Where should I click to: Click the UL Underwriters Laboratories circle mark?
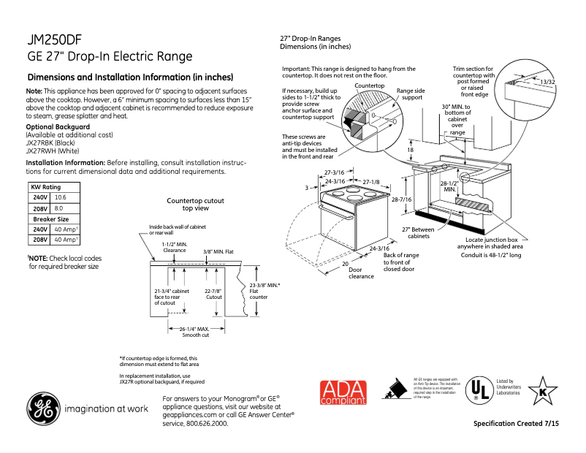pos(479,388)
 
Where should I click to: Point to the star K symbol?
pos(542,389)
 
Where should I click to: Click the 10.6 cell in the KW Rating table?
pos(62,198)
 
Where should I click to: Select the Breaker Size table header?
pos(51,218)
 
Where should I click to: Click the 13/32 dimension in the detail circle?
pos(547,82)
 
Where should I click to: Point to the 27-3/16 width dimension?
pos(334,172)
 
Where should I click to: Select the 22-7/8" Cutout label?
pos(213,294)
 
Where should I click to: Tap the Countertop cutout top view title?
pos(195,204)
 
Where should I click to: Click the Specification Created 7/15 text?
pos(516,424)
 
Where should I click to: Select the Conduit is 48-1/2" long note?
pos(493,256)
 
